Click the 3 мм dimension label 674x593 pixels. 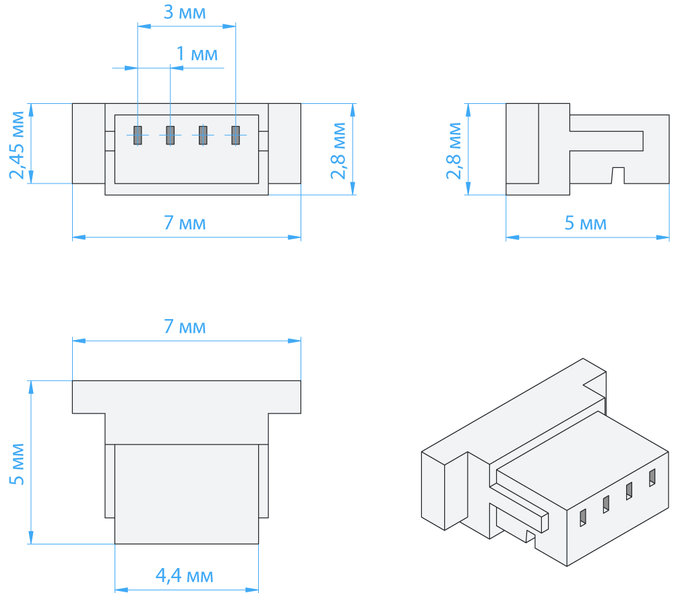click(185, 12)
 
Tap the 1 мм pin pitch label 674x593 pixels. click(197, 54)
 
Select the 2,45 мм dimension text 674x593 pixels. click(18, 145)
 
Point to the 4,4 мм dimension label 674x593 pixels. click(185, 575)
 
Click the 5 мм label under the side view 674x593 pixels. click(586, 223)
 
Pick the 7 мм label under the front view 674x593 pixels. click(185, 223)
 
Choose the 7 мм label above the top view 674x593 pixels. click(185, 327)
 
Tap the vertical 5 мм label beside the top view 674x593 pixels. click(18, 464)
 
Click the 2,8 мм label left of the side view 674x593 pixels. click(454, 150)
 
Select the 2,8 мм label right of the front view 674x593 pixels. click(339, 150)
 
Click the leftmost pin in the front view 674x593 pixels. click(137, 135)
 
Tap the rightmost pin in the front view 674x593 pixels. click(235, 135)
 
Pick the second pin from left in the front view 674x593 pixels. click(171, 135)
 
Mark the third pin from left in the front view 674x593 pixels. click(203, 135)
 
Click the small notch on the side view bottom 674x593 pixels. click(618, 175)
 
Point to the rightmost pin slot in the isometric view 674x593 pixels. click(652, 478)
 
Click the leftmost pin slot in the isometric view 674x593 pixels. click(583, 517)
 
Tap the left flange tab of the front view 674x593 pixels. click(88, 143)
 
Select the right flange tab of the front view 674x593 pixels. click(284, 143)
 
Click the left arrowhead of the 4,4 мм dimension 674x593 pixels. click(121, 590)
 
